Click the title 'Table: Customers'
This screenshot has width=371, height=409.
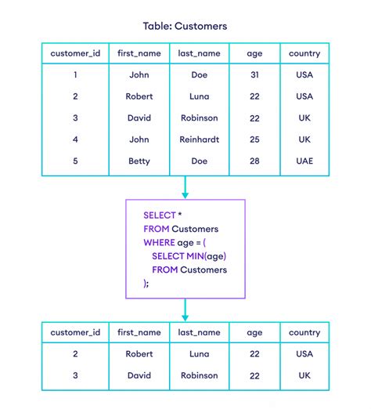[x=185, y=26]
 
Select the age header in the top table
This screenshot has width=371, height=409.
[x=254, y=54]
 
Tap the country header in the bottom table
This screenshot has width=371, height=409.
[x=304, y=333]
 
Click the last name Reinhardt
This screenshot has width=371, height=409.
[x=200, y=139]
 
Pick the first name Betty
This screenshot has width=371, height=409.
[x=139, y=161]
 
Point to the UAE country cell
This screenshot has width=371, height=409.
[x=304, y=161]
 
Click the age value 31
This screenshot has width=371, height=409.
[x=254, y=75]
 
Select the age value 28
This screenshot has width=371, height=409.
[x=254, y=161]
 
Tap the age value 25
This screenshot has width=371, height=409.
[x=254, y=139]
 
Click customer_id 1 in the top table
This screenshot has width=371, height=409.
[x=75, y=75]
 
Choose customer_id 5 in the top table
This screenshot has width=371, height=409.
[x=75, y=161]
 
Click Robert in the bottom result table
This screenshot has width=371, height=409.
[x=139, y=354]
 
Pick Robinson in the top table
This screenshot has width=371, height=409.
[x=200, y=118]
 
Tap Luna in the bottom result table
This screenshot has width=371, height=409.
[x=200, y=354]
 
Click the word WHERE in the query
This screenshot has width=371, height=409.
[x=159, y=243]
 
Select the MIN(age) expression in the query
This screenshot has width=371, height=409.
[x=207, y=256]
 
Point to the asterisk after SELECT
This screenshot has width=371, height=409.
[x=180, y=215]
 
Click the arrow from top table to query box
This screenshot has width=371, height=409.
[x=185, y=187]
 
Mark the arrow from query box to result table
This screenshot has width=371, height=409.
[x=185, y=309]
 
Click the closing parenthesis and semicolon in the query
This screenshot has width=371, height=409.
[x=146, y=284]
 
